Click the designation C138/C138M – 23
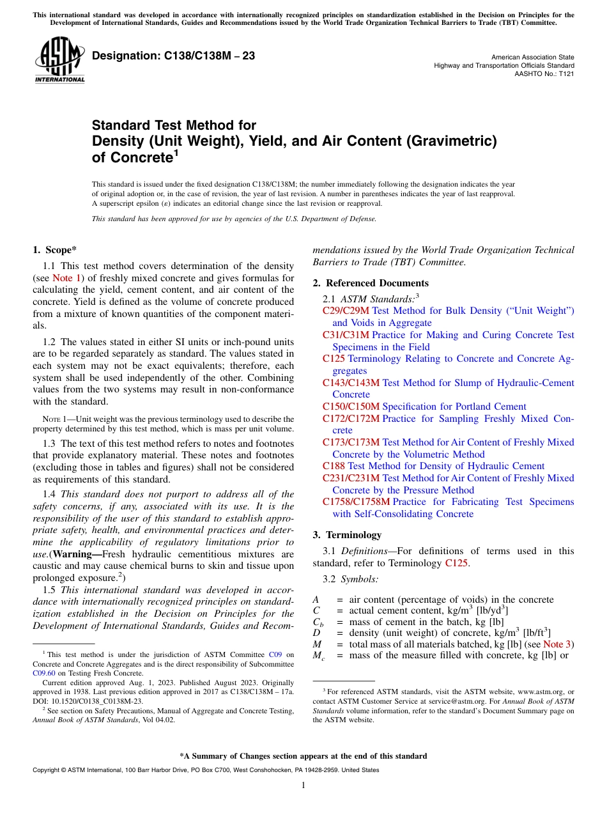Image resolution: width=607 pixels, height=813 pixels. (x=173, y=56)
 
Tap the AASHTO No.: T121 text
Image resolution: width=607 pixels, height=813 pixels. (x=544, y=74)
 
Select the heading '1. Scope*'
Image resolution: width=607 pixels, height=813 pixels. (x=55, y=250)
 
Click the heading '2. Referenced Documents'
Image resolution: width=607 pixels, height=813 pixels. (x=371, y=283)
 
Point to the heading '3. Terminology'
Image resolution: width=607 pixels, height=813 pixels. (x=347, y=535)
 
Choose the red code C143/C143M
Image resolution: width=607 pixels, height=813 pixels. (x=351, y=383)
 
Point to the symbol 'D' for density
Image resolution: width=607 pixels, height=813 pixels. (x=316, y=632)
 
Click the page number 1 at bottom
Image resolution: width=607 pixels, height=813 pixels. (x=303, y=786)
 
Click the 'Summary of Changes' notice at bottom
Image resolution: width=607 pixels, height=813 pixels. (x=303, y=756)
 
